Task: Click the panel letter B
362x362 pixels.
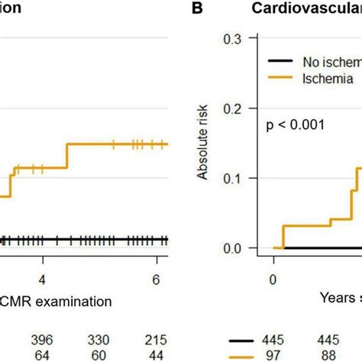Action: point(198,9)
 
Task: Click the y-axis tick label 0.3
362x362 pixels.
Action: point(233,39)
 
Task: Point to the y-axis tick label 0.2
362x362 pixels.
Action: point(233,108)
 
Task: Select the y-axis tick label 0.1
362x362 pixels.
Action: point(233,178)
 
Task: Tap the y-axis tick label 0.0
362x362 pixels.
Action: point(233,248)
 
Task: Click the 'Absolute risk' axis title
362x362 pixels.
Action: point(203,146)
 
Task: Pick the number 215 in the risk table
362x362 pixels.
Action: point(156,338)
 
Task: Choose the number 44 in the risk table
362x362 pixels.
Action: point(156,353)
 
